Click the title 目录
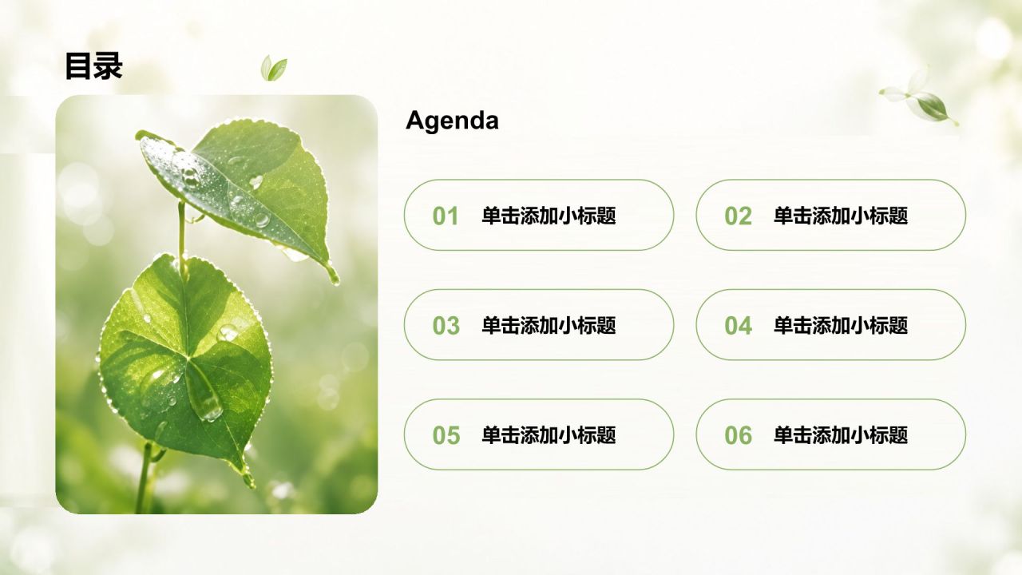94,65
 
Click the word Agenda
452,121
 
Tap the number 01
446,216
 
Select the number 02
738,216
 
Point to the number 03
446,325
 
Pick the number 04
738,325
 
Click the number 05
446,435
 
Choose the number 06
738,435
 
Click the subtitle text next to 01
549,216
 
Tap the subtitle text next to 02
841,216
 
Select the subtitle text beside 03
549,325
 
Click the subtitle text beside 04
841,325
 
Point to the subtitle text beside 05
549,435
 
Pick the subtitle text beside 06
841,435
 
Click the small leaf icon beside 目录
274,69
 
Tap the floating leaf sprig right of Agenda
919,98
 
